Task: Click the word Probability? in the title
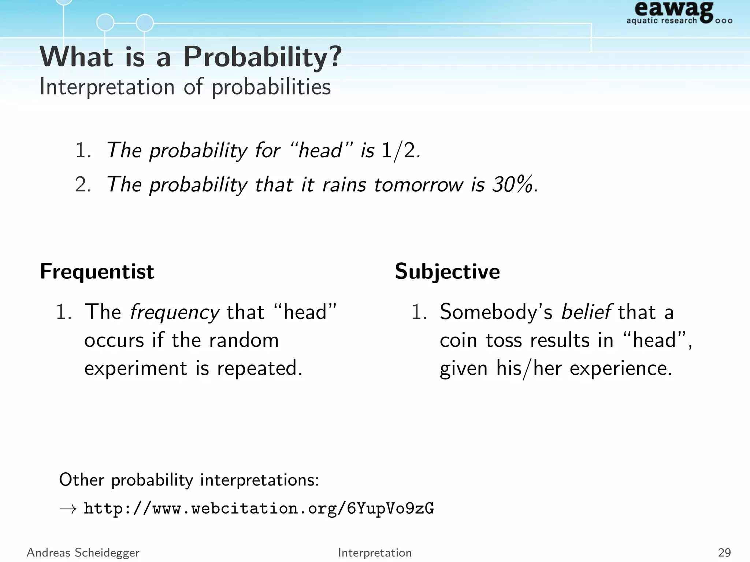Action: [x=262, y=57]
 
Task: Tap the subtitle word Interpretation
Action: [x=107, y=87]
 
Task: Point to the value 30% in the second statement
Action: [x=513, y=184]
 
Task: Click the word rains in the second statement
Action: [x=344, y=184]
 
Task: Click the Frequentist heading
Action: [x=97, y=272]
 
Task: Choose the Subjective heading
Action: [x=447, y=272]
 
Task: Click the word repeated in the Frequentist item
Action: [x=259, y=368]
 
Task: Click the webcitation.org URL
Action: [x=259, y=509]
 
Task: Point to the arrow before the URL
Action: [x=68, y=509]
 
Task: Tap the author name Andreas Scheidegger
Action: [x=83, y=552]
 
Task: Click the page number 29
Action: [x=724, y=552]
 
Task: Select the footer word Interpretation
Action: [x=375, y=552]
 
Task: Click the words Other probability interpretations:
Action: [x=189, y=480]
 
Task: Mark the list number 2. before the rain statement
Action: [x=83, y=184]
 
